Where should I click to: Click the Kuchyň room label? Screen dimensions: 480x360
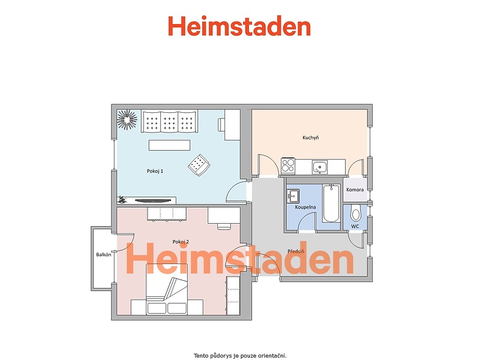point(310,138)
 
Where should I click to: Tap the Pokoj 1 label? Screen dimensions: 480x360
point(155,171)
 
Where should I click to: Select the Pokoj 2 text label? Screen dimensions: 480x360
point(181,242)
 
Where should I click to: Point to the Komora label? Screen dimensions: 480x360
point(355,190)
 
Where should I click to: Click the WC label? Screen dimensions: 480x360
point(355,227)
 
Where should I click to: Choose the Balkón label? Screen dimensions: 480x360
point(103,254)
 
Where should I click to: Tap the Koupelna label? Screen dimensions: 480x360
point(305,207)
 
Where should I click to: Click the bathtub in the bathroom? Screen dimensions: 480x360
point(331,203)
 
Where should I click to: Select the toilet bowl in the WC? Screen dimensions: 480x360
point(355,212)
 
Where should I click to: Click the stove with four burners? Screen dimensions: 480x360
point(288,165)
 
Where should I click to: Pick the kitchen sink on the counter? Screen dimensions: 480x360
point(320,167)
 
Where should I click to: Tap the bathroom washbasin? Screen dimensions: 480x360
point(293,196)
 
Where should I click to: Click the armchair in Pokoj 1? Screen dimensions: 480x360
point(199,165)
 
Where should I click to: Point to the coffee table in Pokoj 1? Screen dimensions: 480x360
point(169,145)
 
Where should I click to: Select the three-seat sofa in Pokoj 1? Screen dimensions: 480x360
point(169,121)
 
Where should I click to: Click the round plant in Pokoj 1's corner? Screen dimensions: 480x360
point(127,119)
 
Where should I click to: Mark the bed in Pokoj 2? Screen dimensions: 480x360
point(167,290)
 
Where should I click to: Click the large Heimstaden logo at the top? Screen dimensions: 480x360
point(239,26)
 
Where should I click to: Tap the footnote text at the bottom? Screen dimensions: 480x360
point(240,356)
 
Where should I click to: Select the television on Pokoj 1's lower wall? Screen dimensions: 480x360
point(153,201)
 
